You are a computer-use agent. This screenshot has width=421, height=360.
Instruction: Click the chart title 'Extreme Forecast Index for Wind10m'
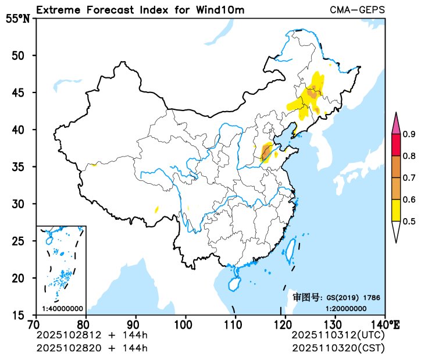(140, 10)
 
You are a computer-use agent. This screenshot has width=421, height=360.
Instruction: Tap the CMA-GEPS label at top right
(357, 10)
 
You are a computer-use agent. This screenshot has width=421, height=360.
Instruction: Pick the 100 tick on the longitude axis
(185, 323)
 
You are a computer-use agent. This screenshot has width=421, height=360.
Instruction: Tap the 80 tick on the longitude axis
(86, 323)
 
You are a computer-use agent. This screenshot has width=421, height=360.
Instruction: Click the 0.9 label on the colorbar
(409, 135)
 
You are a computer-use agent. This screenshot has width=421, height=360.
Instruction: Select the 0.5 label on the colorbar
(409, 221)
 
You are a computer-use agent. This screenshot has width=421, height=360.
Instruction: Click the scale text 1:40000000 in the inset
(62, 308)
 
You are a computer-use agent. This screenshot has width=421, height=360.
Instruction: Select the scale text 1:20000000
(346, 308)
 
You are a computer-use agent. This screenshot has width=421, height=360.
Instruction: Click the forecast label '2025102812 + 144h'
(92, 336)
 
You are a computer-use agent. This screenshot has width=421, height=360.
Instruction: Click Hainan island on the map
(234, 284)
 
